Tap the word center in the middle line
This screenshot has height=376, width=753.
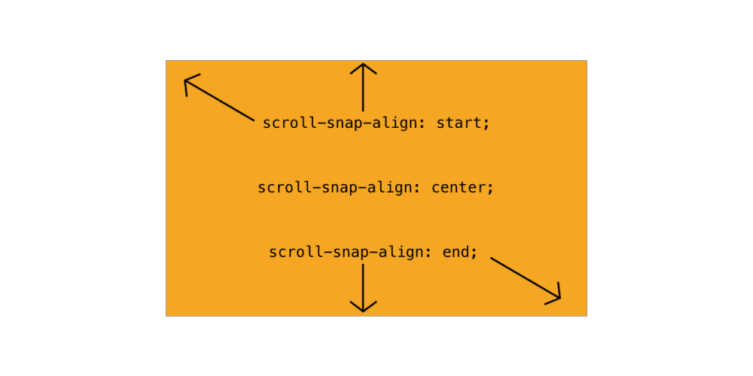tap(459, 187)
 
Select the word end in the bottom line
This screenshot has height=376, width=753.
tap(455, 252)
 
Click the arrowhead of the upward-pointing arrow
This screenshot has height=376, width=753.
tap(363, 68)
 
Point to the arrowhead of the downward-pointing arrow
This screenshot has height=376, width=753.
tap(363, 307)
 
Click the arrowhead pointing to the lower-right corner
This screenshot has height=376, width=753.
tap(553, 294)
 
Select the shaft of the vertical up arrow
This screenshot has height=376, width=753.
tap(363, 88)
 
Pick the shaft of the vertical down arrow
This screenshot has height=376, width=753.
tap(363, 287)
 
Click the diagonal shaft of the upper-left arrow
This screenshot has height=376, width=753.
tap(219, 100)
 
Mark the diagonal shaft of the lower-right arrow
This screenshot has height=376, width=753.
tap(526, 278)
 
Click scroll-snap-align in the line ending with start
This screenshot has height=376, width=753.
tap(343, 123)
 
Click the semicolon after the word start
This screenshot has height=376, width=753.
tap(486, 125)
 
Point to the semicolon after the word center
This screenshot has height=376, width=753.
tap(490, 189)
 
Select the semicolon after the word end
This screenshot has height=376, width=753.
tap(474, 253)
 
